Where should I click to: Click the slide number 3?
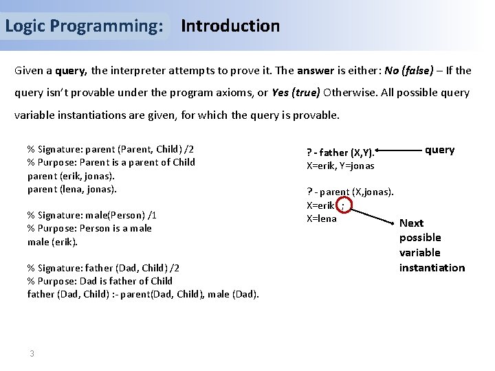point(32,353)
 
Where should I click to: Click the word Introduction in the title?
point(230,26)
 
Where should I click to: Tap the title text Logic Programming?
point(84,26)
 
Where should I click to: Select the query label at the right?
point(439,150)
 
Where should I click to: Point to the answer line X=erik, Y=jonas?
point(340,166)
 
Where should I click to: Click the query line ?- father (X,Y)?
point(340,152)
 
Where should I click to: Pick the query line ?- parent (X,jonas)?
point(350,192)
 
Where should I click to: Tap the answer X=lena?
point(321,218)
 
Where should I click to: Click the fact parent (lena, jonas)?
point(72,189)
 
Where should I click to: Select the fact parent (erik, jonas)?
point(71,176)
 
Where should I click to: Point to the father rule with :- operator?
point(143,295)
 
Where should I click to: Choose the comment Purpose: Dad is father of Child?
point(100,281)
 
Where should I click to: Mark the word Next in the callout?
point(411,223)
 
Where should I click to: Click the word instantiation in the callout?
point(432,267)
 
